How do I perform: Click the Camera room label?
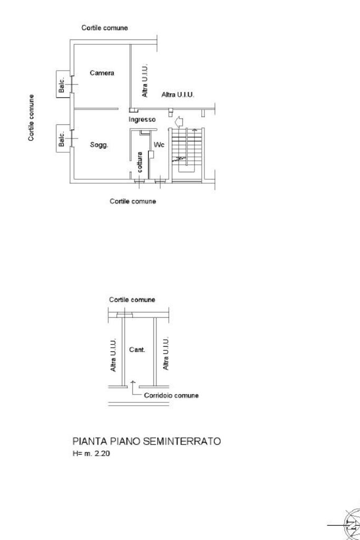point(102,73)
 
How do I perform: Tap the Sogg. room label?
point(99,145)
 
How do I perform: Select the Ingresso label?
point(142,120)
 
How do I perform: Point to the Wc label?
point(159,145)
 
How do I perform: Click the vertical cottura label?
point(140,162)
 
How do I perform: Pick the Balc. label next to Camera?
point(61,85)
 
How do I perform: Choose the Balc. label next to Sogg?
point(61,139)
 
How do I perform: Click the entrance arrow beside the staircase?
point(179,122)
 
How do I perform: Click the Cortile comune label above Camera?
point(104,28)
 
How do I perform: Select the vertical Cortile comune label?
point(31,118)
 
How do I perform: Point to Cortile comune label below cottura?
point(133,201)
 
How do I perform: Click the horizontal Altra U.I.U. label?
point(178,94)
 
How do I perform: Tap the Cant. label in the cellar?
point(137,350)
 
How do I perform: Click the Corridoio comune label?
point(171,396)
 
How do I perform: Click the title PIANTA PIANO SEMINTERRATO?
point(147,441)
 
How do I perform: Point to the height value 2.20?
point(102,454)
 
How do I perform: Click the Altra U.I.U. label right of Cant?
point(166,354)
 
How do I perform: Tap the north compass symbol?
point(352,525)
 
